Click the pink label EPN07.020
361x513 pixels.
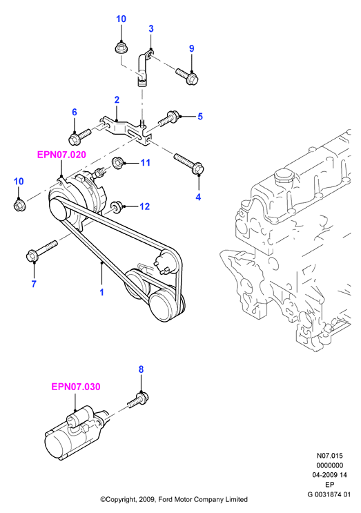coord(61,155)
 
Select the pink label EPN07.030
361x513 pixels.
coord(76,387)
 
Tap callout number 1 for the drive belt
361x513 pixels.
coord(101,292)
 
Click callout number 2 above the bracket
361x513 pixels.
coord(117,100)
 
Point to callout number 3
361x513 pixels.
coord(150,29)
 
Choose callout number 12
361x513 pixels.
coord(144,206)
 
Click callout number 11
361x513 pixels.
coord(145,163)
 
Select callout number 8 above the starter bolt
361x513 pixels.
coord(141,369)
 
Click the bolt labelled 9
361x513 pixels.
coord(188,75)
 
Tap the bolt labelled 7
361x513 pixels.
coord(41,251)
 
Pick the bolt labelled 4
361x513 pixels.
coord(190,164)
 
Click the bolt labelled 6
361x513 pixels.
coord(79,137)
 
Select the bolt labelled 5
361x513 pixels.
coord(169,119)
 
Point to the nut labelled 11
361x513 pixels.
coord(118,163)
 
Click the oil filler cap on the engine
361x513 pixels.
coord(283,176)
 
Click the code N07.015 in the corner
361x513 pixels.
coord(330,456)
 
